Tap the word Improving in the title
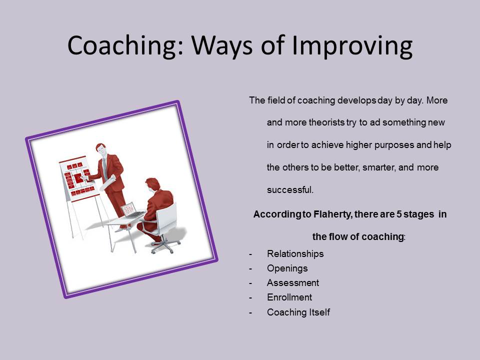(352, 46)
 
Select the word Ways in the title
(222, 46)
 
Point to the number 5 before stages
(399, 214)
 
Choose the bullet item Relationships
(295, 254)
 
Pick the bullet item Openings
(287, 268)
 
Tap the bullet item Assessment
(293, 283)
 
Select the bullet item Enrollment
(289, 297)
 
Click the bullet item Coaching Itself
(298, 312)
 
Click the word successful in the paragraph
(289, 190)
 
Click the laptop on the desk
(132, 210)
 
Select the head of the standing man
(101, 149)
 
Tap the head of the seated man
(153, 184)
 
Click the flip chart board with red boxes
(78, 179)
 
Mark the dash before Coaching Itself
(250, 312)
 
